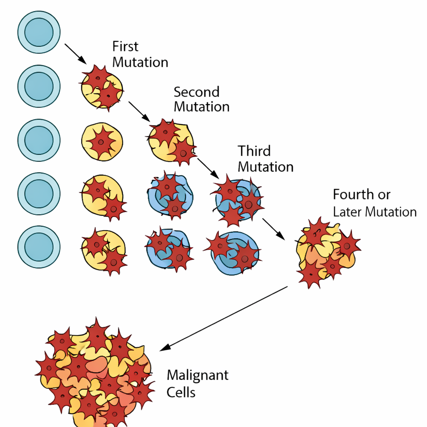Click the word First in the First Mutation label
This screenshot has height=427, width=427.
coord(126,46)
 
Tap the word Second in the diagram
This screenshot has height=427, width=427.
coord(196,92)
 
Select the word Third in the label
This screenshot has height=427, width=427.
coord(254,151)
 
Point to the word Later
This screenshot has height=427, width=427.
coord(347,212)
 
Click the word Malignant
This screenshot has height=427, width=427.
coord(198,375)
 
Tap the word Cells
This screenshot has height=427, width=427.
coord(181,392)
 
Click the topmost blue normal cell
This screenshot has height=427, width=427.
coord(39,32)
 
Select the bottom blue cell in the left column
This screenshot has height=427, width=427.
coord(39,247)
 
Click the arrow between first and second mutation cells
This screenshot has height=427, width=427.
coord(139,111)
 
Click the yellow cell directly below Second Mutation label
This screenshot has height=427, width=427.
coord(171,141)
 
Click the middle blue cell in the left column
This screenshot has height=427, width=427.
coord(39,140)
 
